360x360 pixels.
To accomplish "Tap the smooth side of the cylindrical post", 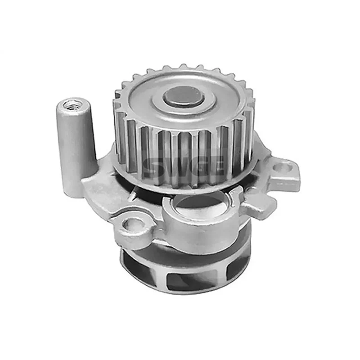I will pyautogui.click(x=72, y=144).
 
